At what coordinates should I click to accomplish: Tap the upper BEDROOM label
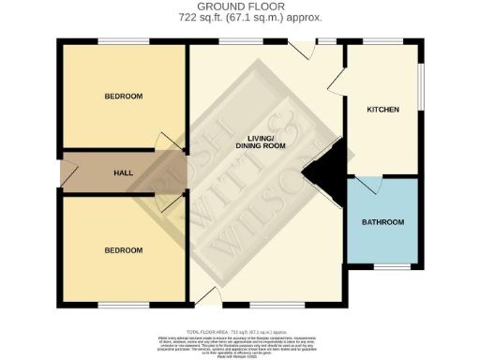pos(124,97)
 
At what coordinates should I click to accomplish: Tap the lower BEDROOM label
pos(124,250)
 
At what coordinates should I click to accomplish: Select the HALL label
pos(124,173)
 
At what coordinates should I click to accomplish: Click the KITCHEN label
pos(382,110)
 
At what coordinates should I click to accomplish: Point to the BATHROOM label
pos(383,222)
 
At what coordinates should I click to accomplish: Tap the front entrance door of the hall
pos(67,173)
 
